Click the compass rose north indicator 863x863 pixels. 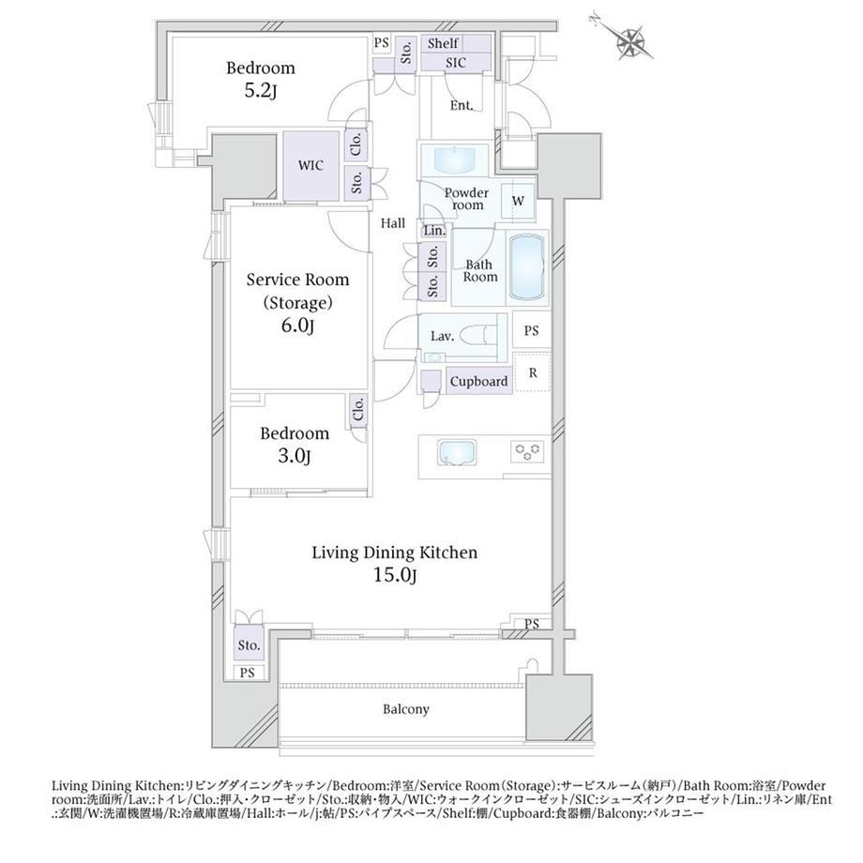click(x=628, y=37)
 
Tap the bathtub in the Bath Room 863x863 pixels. click(x=527, y=267)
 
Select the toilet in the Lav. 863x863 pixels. click(x=478, y=335)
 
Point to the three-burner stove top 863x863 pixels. click(x=528, y=452)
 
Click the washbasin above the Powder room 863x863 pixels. click(x=454, y=159)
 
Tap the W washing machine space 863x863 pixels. click(x=518, y=201)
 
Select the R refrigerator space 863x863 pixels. click(x=532, y=372)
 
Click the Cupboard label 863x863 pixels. click(x=478, y=382)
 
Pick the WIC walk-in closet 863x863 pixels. click(x=310, y=166)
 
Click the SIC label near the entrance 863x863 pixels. click(x=456, y=63)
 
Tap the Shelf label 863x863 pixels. click(x=443, y=43)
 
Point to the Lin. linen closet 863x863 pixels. click(x=435, y=231)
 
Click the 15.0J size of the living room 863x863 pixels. click(x=395, y=576)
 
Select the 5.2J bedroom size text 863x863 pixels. click(x=260, y=91)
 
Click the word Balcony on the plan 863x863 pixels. click(x=406, y=709)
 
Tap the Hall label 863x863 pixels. click(x=393, y=223)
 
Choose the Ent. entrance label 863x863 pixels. click(x=462, y=105)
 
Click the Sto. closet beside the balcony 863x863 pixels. click(x=249, y=645)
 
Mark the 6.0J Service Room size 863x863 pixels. click(x=297, y=326)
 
